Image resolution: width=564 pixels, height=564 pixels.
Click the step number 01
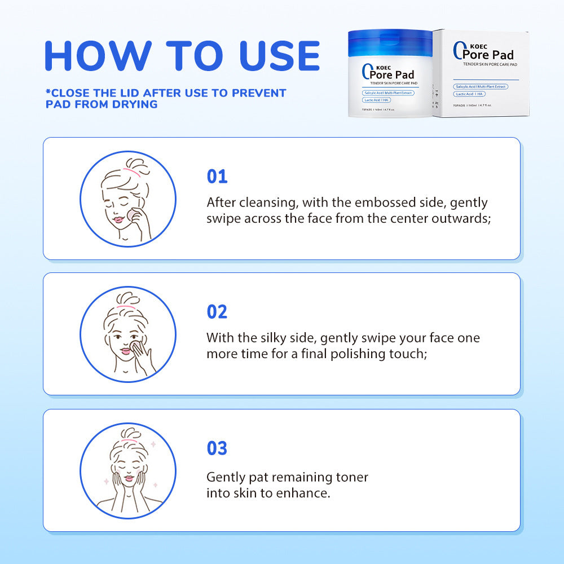[217, 177]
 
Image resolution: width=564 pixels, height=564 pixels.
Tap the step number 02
[217, 312]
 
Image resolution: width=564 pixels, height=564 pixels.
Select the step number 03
[217, 448]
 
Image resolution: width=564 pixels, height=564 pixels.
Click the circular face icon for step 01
[128, 199]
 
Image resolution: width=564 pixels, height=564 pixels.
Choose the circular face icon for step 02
[128, 334]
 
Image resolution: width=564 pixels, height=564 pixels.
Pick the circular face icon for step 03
[128, 471]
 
